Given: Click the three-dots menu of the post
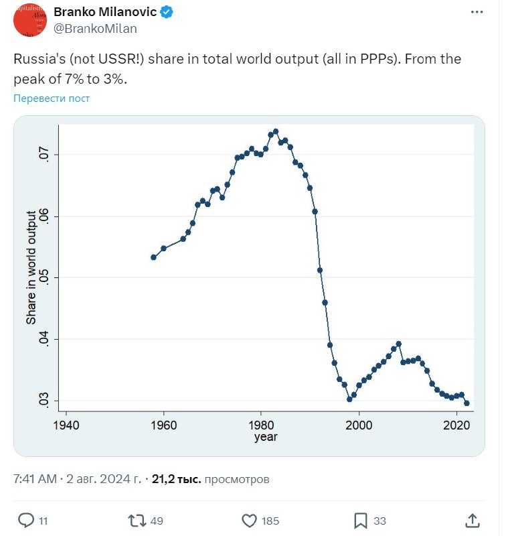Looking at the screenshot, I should pyautogui.click(x=477, y=12).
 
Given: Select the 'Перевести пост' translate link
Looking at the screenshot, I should pyautogui.click(x=52, y=98).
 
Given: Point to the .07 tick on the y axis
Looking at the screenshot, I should pyautogui.click(x=42, y=155).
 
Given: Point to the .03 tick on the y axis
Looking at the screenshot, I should pyautogui.click(x=42, y=401).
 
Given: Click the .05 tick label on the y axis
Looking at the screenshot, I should pyautogui.click(x=42, y=277).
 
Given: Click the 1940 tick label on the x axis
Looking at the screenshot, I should pyautogui.click(x=65, y=425).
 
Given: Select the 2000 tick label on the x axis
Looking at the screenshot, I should pyautogui.click(x=359, y=425).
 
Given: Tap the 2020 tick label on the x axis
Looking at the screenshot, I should pyautogui.click(x=457, y=425).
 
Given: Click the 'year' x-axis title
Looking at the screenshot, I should pyautogui.click(x=266, y=437).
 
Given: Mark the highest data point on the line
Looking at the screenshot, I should pyautogui.click(x=276, y=131).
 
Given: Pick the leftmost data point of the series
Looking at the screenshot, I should pyautogui.click(x=153, y=257).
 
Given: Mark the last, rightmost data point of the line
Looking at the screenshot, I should pyautogui.click(x=467, y=403).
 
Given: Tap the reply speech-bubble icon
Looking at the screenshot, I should pyautogui.click(x=25, y=520).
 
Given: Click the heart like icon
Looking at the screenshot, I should pyautogui.click(x=249, y=520).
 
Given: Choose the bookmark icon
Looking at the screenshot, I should pyautogui.click(x=360, y=520).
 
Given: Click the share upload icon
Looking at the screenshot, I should pyautogui.click(x=472, y=520).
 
